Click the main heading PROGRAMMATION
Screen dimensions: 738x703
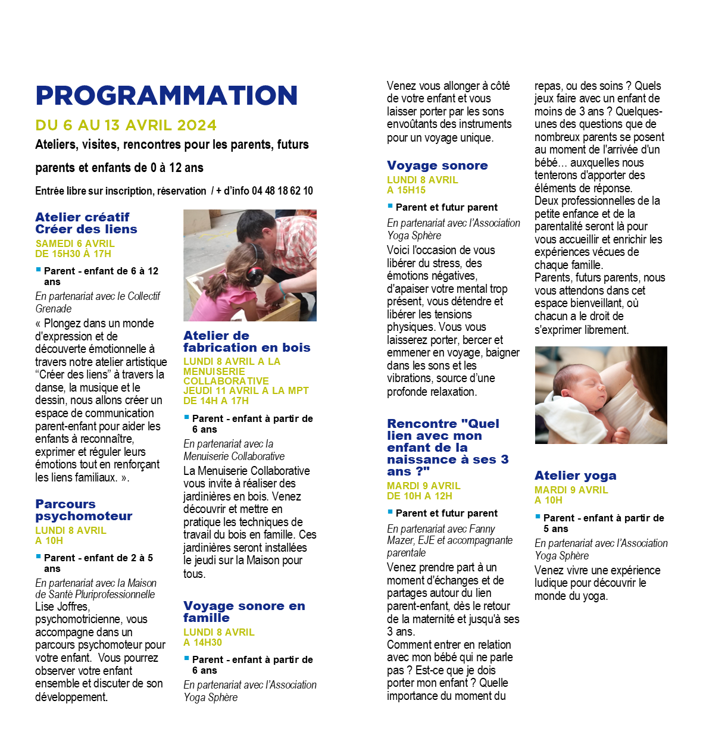[x=166, y=96]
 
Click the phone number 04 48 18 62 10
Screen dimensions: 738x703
[x=282, y=191]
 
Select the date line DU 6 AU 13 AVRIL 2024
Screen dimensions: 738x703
[x=126, y=126]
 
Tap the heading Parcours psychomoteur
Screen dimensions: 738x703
[x=83, y=510]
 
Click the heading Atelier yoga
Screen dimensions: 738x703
[x=575, y=476]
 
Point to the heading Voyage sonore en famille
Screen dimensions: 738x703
[x=244, y=612]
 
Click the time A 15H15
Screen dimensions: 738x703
[x=406, y=190]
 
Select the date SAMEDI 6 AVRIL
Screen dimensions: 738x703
[x=75, y=243]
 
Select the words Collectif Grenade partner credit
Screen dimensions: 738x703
[x=97, y=302]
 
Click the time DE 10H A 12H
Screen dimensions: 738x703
[x=419, y=496]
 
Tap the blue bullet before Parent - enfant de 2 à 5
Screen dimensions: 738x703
[x=39, y=556]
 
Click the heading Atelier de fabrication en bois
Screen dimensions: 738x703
[x=246, y=342]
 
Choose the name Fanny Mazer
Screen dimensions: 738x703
[x=441, y=534]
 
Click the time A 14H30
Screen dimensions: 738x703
[x=202, y=642]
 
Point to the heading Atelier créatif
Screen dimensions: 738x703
[x=82, y=217]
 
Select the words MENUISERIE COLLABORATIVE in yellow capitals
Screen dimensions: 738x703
[x=226, y=376]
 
